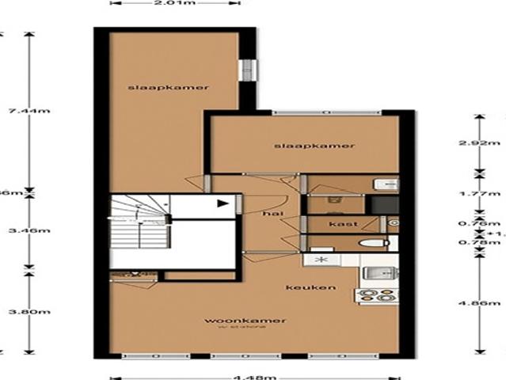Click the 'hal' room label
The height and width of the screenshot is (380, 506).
(x=273, y=213)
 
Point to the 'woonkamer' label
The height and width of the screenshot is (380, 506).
(x=234, y=321)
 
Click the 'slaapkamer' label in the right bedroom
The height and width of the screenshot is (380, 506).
(x=314, y=146)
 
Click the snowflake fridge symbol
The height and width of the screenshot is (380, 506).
(x=320, y=260)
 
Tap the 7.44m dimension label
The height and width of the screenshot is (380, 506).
(x=15, y=113)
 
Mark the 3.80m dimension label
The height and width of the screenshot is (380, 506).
(x=15, y=311)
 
